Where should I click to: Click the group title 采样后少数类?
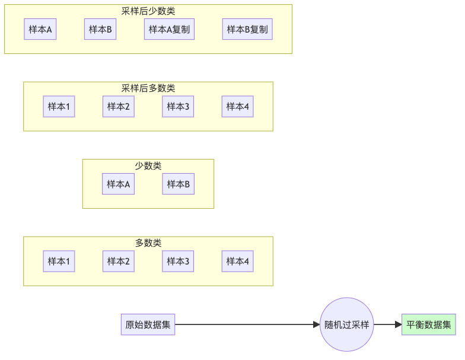pyautogui.click(x=148, y=11)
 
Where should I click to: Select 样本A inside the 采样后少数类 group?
pyautogui.click(x=40, y=30)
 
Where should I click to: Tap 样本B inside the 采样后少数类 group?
pyautogui.click(x=100, y=30)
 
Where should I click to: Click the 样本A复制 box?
pyautogui.click(x=169, y=30)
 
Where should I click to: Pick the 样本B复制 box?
pyautogui.click(x=247, y=30)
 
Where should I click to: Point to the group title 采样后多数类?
pyautogui.click(x=148, y=88)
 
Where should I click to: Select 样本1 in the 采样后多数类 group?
pyautogui.click(x=59, y=107)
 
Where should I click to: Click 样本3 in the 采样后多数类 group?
pyautogui.click(x=178, y=107)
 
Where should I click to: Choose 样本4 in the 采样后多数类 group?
pyautogui.click(x=238, y=107)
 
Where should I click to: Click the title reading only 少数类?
pyautogui.click(x=148, y=165)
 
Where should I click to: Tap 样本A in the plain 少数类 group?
pyautogui.click(x=118, y=184)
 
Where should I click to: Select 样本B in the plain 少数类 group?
pyautogui.click(x=179, y=184)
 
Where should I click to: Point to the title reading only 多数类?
pyautogui.click(x=148, y=243)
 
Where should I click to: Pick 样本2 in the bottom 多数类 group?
pyautogui.click(x=119, y=261)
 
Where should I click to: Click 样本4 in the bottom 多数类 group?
pyautogui.click(x=238, y=261)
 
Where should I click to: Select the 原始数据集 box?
pyautogui.click(x=148, y=324)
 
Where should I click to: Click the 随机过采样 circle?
pyautogui.click(x=347, y=324)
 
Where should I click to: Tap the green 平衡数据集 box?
pyautogui.click(x=428, y=324)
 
